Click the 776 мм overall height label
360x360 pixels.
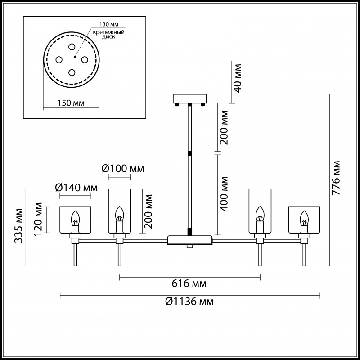tap(336, 178)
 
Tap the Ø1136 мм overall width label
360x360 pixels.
tap(189, 302)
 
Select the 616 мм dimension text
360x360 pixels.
tap(189, 284)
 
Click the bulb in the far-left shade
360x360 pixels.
tap(76, 219)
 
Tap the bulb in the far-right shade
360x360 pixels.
tap(305, 219)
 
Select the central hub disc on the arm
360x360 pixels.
tap(190, 240)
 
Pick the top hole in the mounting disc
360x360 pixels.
tap(72, 47)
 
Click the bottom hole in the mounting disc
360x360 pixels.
tap(72, 72)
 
